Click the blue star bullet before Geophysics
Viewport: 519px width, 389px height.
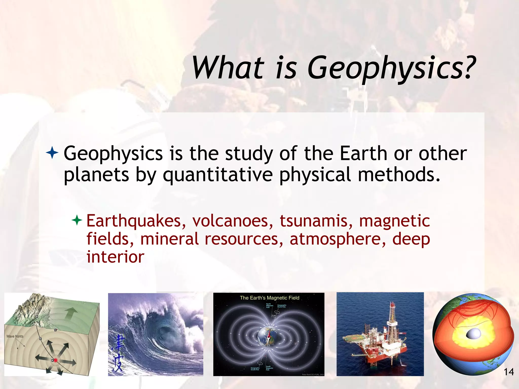click(52, 153)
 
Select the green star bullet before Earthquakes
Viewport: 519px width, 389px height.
click(77, 220)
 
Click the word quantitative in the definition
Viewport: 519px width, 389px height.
click(218, 175)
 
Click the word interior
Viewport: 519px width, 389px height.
click(115, 257)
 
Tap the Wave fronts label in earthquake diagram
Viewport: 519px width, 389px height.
click(15, 336)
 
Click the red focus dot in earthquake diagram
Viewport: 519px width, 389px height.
click(56, 360)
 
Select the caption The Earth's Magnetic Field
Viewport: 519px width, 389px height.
click(269, 298)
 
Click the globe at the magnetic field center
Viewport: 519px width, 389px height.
click(268, 336)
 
